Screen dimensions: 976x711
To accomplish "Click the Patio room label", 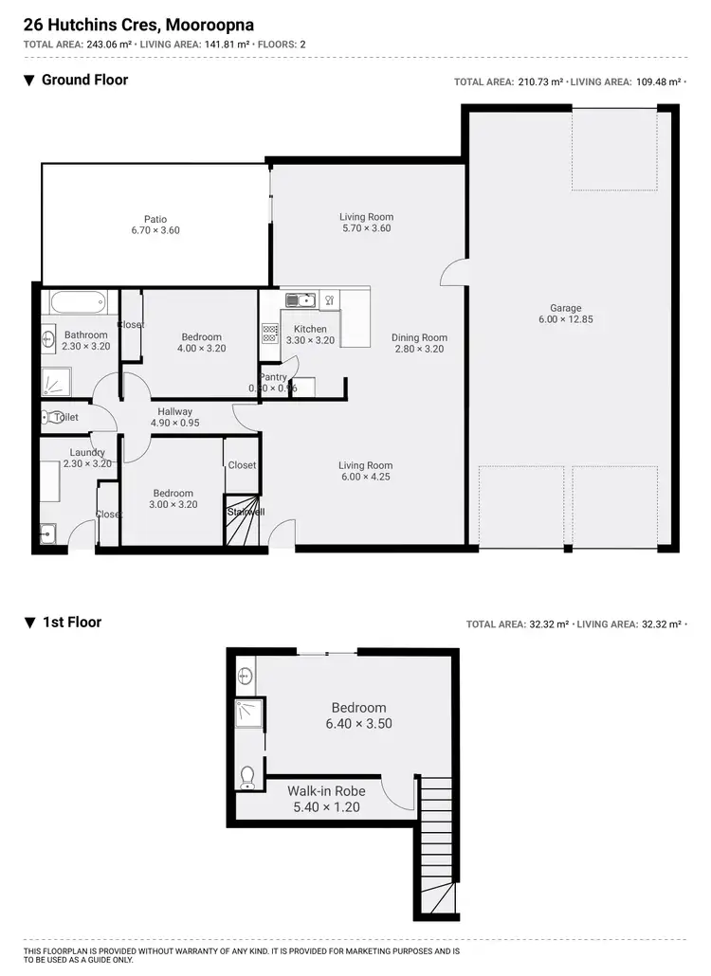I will click(x=155, y=219).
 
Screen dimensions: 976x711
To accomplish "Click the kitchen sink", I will click(x=301, y=300).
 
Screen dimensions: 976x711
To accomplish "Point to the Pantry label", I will click(x=273, y=377).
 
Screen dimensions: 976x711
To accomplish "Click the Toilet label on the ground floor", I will click(x=66, y=417).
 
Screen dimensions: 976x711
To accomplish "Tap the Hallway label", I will click(x=175, y=411).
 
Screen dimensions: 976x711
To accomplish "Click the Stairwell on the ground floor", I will click(x=244, y=520).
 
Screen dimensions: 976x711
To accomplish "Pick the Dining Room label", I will click(x=419, y=337).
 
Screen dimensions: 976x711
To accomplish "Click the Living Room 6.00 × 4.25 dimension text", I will click(x=366, y=477).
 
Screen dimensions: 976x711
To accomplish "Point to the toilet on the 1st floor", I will click(x=247, y=777).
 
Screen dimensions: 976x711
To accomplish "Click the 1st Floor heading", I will click(x=72, y=623).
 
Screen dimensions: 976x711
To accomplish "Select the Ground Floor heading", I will click(x=84, y=80).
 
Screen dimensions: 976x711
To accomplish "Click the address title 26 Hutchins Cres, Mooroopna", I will click(x=138, y=24).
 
